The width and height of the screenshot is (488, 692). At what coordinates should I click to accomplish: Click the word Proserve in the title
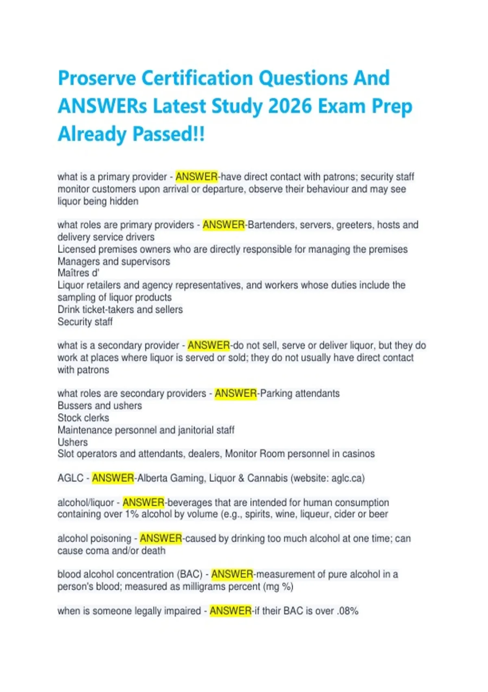97,79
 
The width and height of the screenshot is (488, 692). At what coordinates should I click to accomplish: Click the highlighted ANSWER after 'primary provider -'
196,177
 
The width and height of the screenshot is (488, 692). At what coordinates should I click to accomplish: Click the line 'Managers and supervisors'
113,261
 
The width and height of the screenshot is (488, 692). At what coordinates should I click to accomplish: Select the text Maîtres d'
78,273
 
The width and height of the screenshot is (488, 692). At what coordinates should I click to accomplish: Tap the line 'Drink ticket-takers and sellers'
120,309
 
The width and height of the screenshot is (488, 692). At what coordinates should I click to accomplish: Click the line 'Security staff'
85,322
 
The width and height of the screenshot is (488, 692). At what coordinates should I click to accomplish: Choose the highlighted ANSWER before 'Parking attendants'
236,394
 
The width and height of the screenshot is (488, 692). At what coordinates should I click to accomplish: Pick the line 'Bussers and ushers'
100,405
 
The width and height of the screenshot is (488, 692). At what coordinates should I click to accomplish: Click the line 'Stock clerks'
83,418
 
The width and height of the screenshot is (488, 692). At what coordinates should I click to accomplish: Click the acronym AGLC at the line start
70,478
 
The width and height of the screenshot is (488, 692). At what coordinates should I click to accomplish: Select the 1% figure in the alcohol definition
132,514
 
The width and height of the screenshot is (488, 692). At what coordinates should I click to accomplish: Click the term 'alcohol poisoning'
94,539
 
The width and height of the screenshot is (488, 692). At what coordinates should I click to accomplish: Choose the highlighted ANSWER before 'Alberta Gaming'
113,478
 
